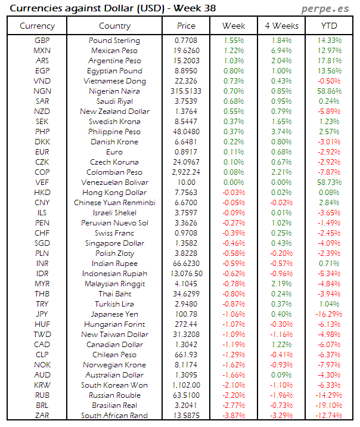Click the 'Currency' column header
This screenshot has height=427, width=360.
[x=38, y=26]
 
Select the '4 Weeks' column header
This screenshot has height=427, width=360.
[x=281, y=26]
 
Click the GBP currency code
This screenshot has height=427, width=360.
[x=42, y=41]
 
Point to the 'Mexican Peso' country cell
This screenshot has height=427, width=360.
[x=114, y=51]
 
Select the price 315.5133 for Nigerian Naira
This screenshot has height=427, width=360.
[x=186, y=91]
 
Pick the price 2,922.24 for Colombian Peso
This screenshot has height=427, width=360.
[x=186, y=172]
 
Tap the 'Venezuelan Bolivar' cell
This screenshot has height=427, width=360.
[x=114, y=182]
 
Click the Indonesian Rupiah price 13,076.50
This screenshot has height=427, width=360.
[x=186, y=274]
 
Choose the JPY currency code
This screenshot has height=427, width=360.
[x=42, y=314]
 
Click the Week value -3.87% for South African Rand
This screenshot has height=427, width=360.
[x=234, y=416]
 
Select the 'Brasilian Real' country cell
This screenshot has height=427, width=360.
[x=114, y=406]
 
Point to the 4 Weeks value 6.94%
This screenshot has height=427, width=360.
[x=281, y=51]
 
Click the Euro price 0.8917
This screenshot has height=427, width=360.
[x=186, y=152]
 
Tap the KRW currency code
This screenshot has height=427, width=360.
[x=42, y=385]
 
